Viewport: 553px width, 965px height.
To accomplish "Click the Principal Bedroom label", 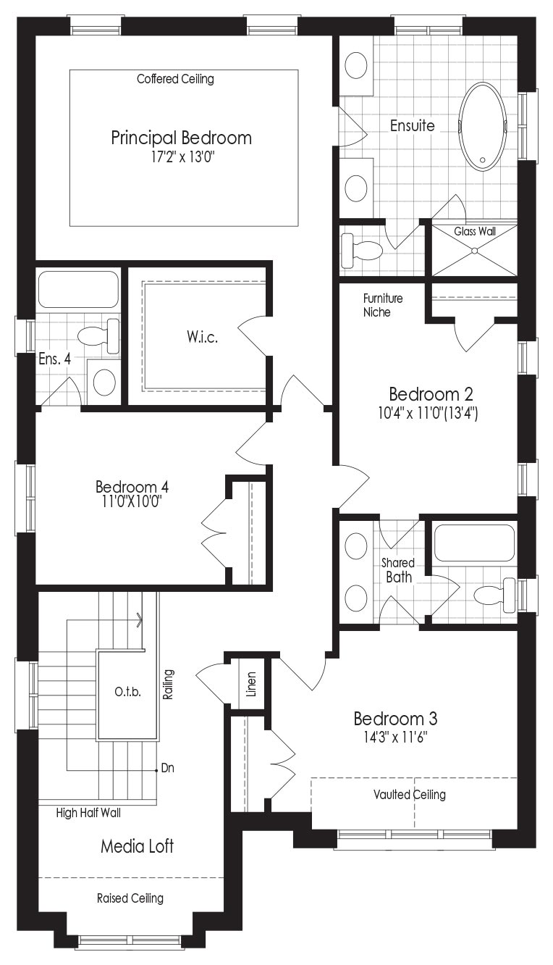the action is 181,138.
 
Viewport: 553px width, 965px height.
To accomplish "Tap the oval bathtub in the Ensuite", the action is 484,126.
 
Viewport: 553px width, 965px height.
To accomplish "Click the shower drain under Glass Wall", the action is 474,250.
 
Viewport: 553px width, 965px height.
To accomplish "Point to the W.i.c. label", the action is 202,336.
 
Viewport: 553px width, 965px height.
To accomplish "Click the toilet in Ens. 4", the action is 99,335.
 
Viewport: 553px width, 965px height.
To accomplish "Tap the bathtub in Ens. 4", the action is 78,289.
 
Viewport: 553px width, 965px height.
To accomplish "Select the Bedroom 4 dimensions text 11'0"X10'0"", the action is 132,501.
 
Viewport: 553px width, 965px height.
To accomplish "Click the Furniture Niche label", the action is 383,304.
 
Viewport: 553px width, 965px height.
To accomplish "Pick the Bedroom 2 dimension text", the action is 429,413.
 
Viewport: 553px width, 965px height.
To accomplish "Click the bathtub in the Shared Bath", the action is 474,542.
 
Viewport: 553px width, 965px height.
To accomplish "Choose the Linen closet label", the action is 251,684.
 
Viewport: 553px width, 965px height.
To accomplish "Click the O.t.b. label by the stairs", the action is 128,693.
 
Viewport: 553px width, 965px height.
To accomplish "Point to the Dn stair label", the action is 167,768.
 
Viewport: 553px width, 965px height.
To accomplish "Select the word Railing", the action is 168,684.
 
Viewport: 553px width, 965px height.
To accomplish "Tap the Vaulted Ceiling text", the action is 410,795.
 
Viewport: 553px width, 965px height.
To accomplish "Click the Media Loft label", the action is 137,846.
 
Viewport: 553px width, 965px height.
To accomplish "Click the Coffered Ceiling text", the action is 175,79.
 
